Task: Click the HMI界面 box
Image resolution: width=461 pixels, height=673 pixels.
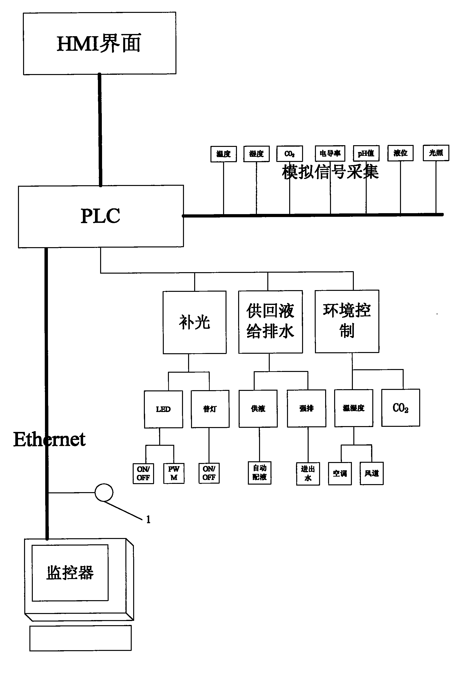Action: point(99,43)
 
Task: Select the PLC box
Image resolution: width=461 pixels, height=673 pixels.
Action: point(101,216)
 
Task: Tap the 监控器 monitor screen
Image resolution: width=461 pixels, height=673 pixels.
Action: point(70,572)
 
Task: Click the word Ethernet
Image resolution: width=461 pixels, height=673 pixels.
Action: point(49,439)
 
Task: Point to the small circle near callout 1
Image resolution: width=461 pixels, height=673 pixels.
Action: point(104,492)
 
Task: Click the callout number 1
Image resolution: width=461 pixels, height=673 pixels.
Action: point(148,520)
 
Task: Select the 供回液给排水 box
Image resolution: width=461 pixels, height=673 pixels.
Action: point(270,321)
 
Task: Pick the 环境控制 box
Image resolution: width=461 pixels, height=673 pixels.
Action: point(347,321)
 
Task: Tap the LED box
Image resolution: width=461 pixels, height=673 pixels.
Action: point(163,409)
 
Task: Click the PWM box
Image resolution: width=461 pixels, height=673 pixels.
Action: point(174,473)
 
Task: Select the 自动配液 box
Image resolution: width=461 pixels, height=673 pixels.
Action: point(260,473)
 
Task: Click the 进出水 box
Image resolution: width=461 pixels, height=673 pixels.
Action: point(308,473)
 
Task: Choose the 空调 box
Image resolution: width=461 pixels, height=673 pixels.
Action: point(339,473)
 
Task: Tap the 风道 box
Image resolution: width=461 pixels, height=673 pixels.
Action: point(371,473)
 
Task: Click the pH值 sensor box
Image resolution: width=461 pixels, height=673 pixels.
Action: point(366,153)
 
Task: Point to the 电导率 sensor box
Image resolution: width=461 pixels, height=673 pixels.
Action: point(330,153)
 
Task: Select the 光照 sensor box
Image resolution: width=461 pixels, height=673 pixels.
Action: point(436,153)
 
